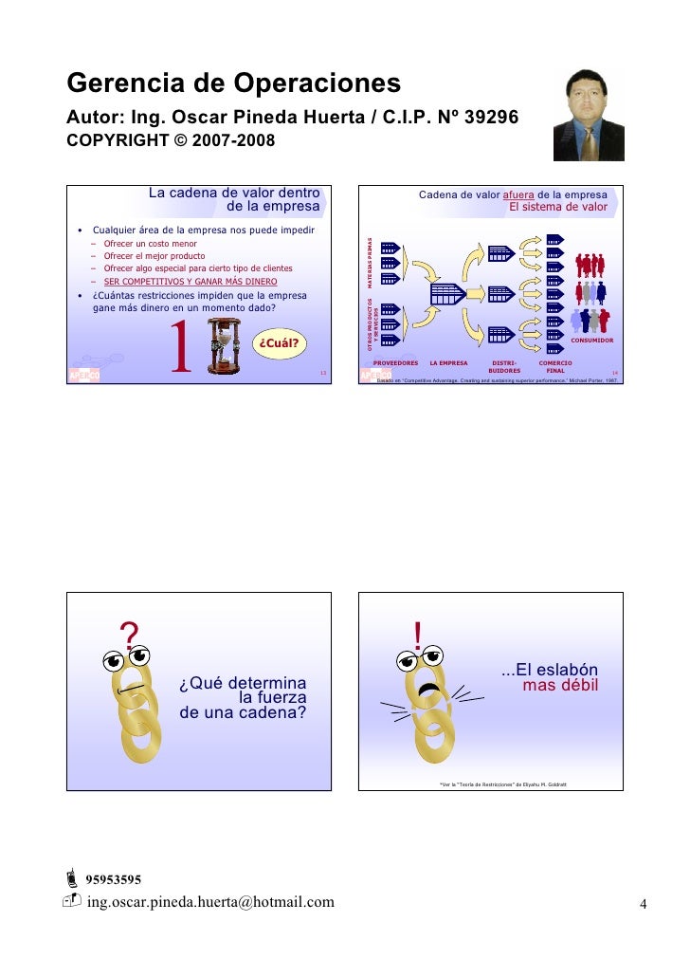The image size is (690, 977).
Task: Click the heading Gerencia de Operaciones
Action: pos(233,84)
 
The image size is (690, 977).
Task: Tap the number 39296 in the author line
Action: pos(486,117)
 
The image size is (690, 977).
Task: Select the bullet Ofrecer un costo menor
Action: pos(150,244)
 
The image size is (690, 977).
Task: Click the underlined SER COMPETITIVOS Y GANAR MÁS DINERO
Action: pos(190,282)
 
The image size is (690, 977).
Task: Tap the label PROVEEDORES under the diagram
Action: pos(395,362)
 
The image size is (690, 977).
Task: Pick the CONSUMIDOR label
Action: pos(591,340)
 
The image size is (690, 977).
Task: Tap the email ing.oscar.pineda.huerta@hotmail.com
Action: pos(210,901)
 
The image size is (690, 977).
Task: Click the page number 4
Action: pos(643,903)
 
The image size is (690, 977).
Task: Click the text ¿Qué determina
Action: pos(243,683)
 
